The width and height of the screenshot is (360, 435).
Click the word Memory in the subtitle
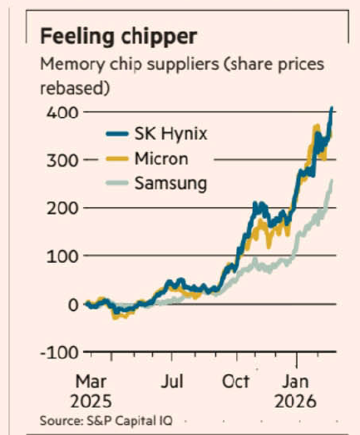pos(71,65)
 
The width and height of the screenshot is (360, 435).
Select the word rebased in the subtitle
pos(75,86)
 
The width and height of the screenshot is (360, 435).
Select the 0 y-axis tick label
pos(73,304)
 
